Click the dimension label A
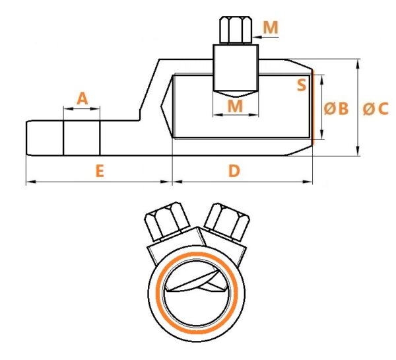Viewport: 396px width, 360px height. (x=82, y=98)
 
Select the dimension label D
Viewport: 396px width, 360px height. (x=234, y=171)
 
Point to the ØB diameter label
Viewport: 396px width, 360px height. (x=336, y=109)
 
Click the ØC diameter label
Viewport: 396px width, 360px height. (x=376, y=109)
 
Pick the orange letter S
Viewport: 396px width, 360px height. (x=302, y=85)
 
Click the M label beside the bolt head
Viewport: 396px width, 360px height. (x=271, y=27)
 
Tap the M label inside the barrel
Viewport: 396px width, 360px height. (x=235, y=106)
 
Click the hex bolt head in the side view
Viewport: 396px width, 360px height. (x=236, y=30)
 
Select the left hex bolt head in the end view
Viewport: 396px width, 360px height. (x=167, y=221)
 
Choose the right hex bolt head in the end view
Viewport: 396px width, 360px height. (x=227, y=222)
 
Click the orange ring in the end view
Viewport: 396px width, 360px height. (x=158, y=293)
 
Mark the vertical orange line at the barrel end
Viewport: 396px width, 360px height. (x=313, y=107)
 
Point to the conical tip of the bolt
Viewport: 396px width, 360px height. (x=236, y=94)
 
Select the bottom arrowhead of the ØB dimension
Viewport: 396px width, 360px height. (x=322, y=134)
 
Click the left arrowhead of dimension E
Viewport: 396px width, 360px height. (x=30, y=182)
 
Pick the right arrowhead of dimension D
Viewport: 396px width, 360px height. (x=308, y=182)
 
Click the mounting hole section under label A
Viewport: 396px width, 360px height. (x=82, y=138)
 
